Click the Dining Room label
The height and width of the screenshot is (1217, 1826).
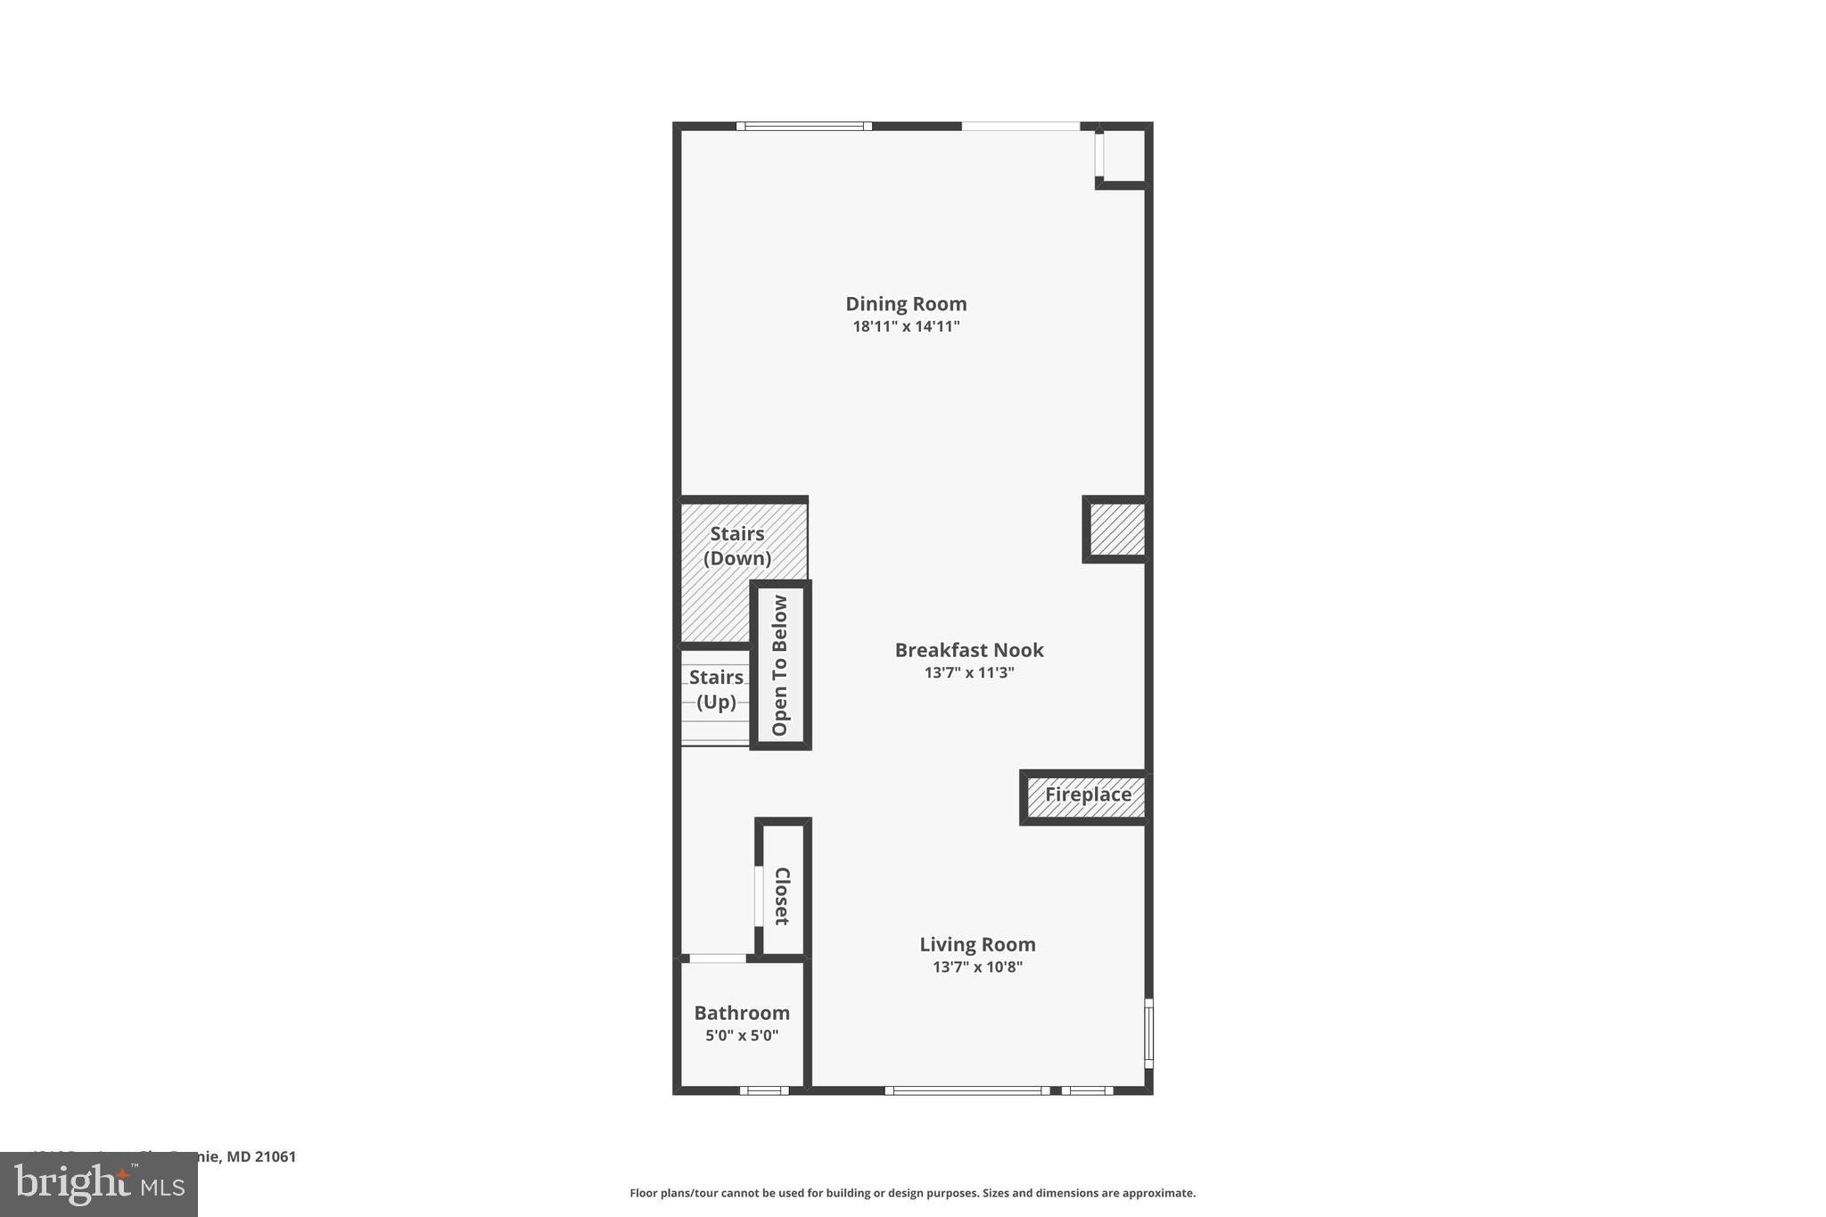point(906,304)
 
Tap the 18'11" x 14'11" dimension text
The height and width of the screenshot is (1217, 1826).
point(906,326)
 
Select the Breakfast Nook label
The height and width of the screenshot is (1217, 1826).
point(969,650)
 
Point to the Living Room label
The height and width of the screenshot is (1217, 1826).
point(977,944)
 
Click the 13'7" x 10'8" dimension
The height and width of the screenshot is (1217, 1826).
point(977,966)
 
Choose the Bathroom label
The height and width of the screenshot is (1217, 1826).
point(742,1013)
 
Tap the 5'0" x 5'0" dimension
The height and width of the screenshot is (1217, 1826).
point(742,1036)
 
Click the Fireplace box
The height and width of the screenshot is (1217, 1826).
point(1088,795)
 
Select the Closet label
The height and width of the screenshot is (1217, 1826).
point(782,896)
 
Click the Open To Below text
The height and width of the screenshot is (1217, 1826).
point(780,665)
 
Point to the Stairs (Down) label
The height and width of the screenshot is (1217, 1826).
point(737,546)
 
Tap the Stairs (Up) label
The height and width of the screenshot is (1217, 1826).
point(716,689)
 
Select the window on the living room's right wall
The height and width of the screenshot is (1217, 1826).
point(1148,1032)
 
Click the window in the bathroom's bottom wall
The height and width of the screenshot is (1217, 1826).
point(764,1090)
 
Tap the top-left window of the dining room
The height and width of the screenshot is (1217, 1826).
point(804,127)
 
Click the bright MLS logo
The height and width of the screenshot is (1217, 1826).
point(99,1184)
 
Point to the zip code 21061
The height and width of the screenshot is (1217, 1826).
point(276,1157)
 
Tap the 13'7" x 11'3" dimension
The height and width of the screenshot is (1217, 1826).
point(969,672)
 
